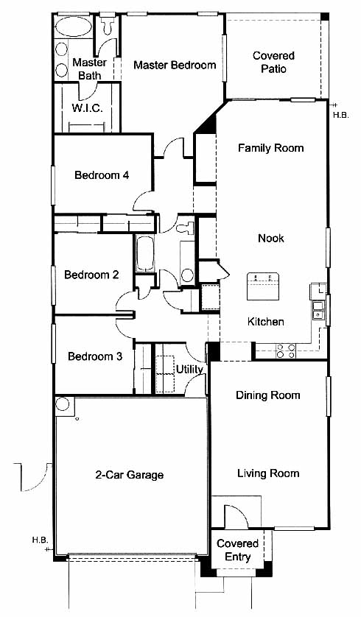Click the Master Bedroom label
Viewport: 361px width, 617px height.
[175, 65]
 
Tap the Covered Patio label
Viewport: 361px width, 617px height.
[273, 62]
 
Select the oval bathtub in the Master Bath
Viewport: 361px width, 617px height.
[73, 27]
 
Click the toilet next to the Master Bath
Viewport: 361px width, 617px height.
[107, 25]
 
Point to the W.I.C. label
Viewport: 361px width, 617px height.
[87, 108]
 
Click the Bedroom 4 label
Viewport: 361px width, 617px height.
[102, 174]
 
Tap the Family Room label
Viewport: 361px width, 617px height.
[271, 148]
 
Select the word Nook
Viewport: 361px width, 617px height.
[271, 238]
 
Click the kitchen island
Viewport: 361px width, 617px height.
[262, 286]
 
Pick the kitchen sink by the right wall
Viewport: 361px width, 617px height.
[318, 310]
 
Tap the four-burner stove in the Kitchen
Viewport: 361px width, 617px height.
[286, 350]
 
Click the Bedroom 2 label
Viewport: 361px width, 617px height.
[91, 275]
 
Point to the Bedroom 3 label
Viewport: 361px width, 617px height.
[95, 356]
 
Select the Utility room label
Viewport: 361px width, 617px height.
[189, 370]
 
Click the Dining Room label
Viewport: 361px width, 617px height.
[267, 395]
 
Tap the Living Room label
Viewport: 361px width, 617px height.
[268, 473]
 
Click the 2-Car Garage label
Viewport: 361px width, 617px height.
[129, 475]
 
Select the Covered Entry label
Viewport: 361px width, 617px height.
[238, 550]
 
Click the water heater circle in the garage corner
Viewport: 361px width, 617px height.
[62, 404]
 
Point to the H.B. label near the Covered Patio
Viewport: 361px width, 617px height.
[340, 116]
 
